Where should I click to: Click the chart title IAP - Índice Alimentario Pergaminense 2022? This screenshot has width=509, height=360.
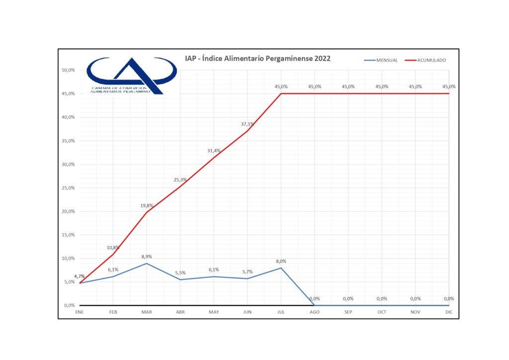[x=257, y=59]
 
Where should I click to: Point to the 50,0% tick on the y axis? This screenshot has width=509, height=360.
[x=68, y=70]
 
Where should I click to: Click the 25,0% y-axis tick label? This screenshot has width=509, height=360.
[x=68, y=188]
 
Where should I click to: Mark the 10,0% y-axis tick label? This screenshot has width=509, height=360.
[x=68, y=259]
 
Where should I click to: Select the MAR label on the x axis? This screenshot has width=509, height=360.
[x=146, y=313]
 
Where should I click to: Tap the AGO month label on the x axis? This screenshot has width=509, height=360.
[x=315, y=313]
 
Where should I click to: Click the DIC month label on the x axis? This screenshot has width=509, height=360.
[x=449, y=313]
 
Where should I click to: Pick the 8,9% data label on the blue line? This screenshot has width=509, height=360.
[x=146, y=257]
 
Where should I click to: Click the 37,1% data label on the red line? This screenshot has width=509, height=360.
[x=247, y=124]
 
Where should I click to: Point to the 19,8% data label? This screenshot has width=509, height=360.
[x=146, y=205]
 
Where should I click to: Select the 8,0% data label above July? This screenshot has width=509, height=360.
[x=281, y=261]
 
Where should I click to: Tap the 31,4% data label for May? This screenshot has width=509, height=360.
[x=214, y=151]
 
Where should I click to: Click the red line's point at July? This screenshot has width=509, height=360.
[x=281, y=93]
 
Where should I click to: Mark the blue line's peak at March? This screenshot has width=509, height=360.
[x=146, y=264]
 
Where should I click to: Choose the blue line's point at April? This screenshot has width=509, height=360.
[x=180, y=279]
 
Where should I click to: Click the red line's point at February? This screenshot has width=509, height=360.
[x=113, y=255]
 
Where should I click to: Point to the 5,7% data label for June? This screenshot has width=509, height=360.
[x=247, y=271]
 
